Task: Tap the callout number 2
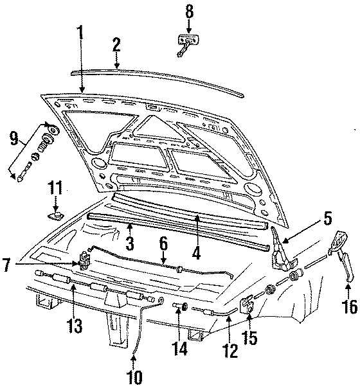coord(116,45)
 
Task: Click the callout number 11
coord(56,188)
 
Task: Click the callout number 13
coord(75,326)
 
